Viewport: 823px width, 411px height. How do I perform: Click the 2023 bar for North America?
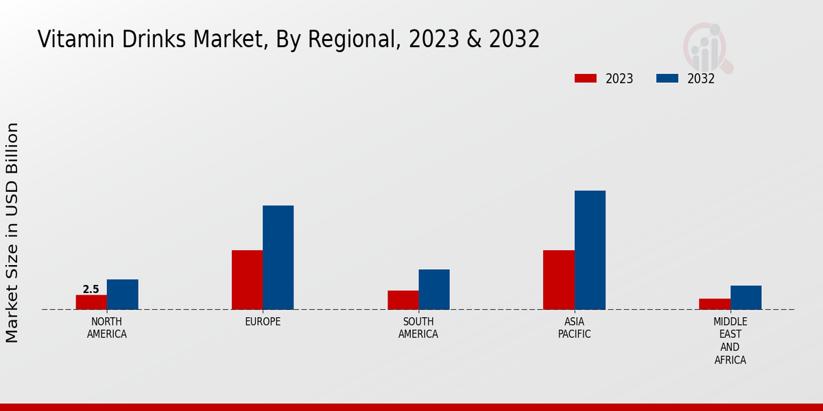pyautogui.click(x=91, y=302)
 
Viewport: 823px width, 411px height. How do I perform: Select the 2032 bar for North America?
pyautogui.click(x=122, y=295)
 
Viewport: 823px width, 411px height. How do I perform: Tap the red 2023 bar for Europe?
pyautogui.click(x=247, y=279)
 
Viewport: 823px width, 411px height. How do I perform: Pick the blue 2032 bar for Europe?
pyautogui.click(x=278, y=258)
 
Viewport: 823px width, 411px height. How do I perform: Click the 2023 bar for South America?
pyautogui.click(x=403, y=300)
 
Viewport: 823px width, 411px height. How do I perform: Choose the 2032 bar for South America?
pyautogui.click(x=434, y=289)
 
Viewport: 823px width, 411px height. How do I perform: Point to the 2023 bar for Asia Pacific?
pyautogui.click(x=558, y=279)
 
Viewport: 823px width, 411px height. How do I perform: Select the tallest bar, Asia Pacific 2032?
pyautogui.click(x=590, y=250)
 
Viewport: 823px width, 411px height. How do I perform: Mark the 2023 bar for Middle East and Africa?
pyautogui.click(x=715, y=304)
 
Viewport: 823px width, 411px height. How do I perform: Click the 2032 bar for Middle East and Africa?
pyautogui.click(x=746, y=297)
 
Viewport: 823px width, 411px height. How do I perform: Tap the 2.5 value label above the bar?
pyautogui.click(x=91, y=290)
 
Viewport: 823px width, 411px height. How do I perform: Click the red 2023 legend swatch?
pyautogui.click(x=585, y=79)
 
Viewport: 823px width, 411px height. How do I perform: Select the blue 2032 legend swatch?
pyautogui.click(x=667, y=79)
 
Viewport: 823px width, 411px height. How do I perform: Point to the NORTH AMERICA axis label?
pyautogui.click(x=107, y=328)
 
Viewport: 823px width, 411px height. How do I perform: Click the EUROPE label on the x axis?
pyautogui.click(x=263, y=322)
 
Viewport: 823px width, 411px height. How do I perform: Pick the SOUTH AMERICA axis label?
pyautogui.click(x=418, y=328)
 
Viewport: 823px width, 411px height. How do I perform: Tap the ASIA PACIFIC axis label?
pyautogui.click(x=574, y=328)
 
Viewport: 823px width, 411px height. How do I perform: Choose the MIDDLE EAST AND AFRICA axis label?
pyautogui.click(x=730, y=340)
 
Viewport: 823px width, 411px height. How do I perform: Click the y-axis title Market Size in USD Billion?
pyautogui.click(x=12, y=233)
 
